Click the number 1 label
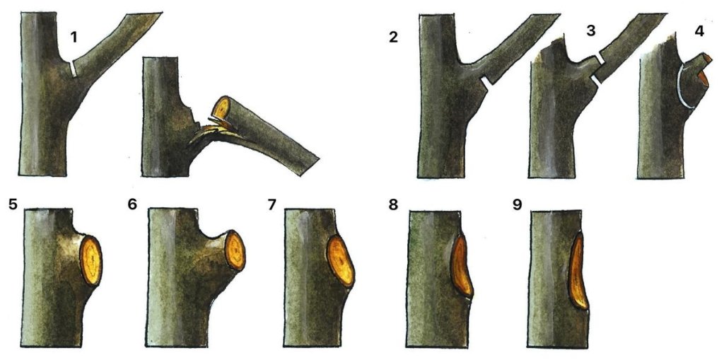[74, 37]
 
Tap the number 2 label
[393, 37]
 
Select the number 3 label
[590, 30]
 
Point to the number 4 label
[699, 30]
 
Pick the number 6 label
[132, 204]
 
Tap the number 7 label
[272, 204]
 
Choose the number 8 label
[393, 204]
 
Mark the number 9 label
[518, 204]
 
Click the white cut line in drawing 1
[73, 69]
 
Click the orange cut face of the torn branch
[221, 108]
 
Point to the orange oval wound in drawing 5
[91, 261]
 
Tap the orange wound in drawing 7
[341, 262]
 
